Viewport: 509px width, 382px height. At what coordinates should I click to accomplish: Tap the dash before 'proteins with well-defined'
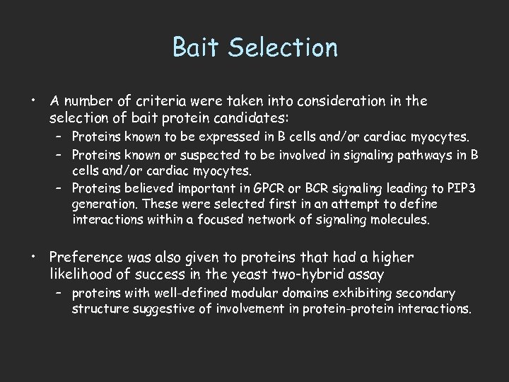[62, 293]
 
